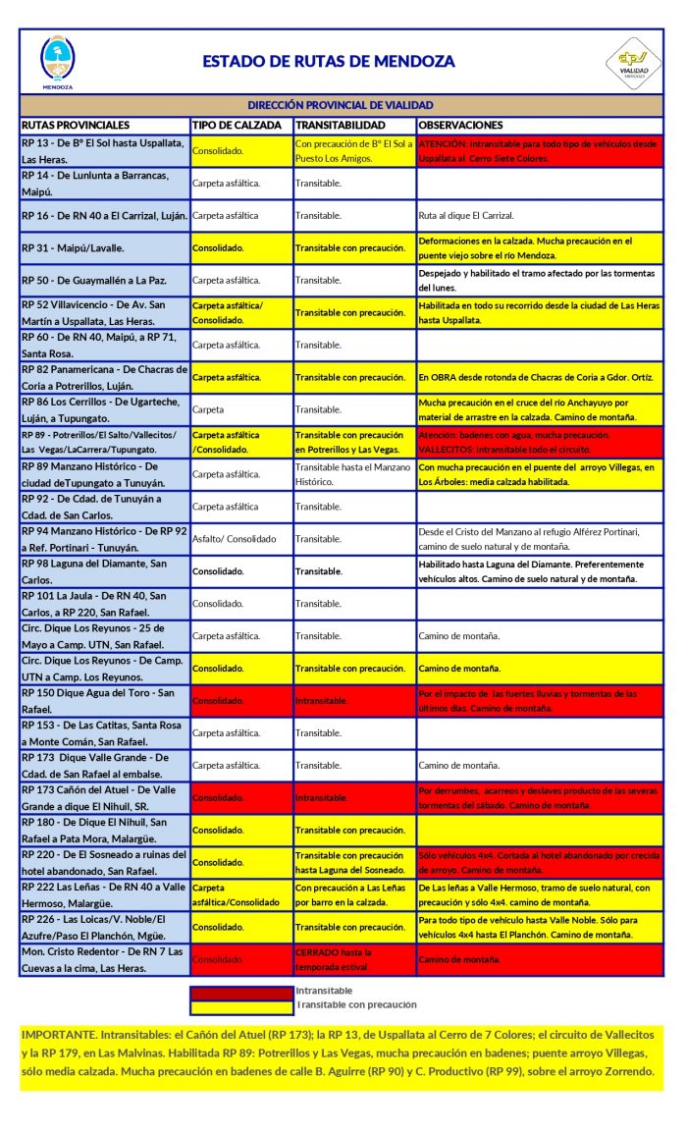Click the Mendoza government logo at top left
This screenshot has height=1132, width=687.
click(57, 61)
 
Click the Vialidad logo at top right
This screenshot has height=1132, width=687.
click(632, 63)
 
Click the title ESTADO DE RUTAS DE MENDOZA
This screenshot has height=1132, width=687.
click(329, 61)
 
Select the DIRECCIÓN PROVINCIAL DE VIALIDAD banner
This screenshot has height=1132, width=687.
click(341, 104)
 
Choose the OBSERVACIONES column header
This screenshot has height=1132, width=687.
click(461, 126)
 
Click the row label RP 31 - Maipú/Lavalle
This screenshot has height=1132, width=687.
click(74, 247)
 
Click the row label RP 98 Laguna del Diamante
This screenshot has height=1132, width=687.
click(98, 571)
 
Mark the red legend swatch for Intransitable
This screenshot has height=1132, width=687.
click(241, 992)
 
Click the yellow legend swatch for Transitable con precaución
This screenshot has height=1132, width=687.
click(241, 1005)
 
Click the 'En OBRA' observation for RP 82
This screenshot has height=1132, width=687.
click(527, 377)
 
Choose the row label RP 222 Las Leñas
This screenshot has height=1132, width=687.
click(98, 893)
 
